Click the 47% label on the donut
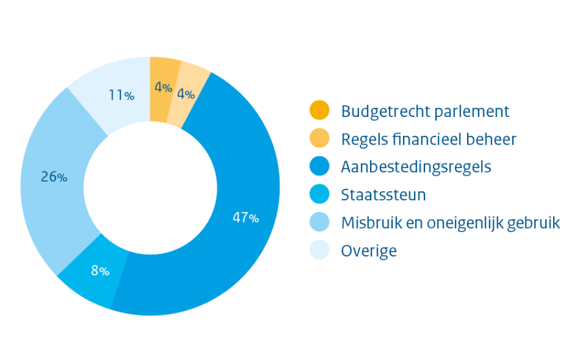[246, 218]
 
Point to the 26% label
[54, 176]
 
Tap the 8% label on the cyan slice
[100, 271]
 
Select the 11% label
[122, 96]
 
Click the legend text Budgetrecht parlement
[425, 111]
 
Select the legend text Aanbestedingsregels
[416, 167]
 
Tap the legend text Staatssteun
[383, 195]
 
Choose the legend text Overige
[369, 250]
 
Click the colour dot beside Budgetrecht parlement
[320, 111]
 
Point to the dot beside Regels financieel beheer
[320, 138]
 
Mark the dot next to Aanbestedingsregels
[320, 166]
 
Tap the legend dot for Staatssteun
[320, 194]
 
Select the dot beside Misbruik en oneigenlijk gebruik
[320, 222]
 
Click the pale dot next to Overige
[320, 250]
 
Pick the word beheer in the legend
[494, 139]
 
